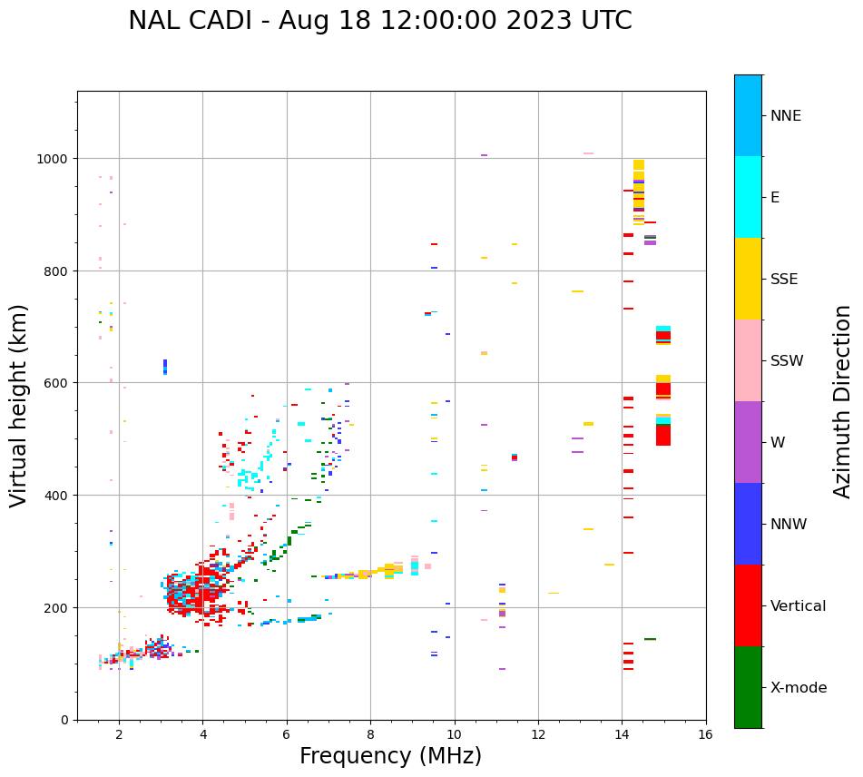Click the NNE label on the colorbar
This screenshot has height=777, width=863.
coord(785,116)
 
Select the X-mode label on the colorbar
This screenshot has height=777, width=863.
coord(799,688)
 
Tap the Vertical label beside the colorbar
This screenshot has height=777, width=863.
coord(798,606)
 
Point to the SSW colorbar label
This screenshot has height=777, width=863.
coord(787,361)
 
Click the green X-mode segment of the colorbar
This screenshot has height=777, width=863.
coord(748,687)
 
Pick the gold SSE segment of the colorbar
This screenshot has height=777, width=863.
coord(748,279)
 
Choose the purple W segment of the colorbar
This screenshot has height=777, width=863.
coord(748,442)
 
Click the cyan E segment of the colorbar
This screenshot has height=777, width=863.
coord(748,197)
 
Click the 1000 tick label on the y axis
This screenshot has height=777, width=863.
coord(54,159)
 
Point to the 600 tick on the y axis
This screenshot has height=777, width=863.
coord(57,383)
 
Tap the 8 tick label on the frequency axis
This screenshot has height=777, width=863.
coord(370,735)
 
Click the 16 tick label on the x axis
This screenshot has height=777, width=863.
coord(705,735)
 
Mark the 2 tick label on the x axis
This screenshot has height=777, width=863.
coord(119,735)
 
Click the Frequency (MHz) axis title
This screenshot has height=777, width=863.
coord(390,757)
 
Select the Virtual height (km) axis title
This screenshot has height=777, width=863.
coord(20,405)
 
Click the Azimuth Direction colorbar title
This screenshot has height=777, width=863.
coord(843,401)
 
